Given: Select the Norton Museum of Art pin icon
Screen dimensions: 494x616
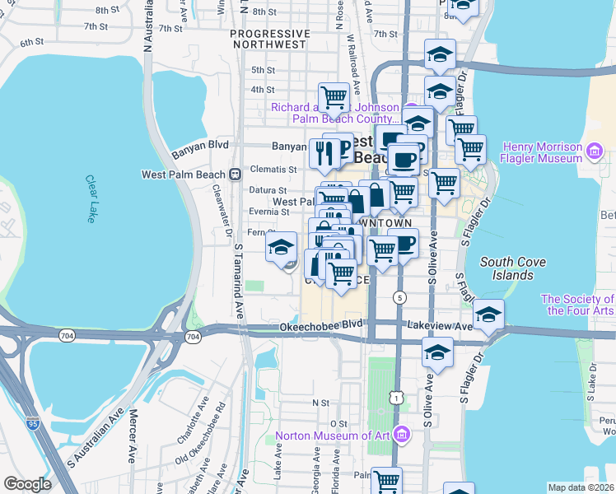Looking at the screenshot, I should (402, 434).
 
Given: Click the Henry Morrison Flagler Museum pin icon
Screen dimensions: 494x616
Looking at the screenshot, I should (595, 151).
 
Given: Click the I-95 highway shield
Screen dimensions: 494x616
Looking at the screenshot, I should (33, 424).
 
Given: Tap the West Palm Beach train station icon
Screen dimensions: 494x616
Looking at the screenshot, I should (236, 174).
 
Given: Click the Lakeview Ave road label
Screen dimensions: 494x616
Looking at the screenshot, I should (439, 326).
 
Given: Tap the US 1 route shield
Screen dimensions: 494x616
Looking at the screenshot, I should (399, 398).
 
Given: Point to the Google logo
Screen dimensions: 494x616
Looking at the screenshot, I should (27, 484).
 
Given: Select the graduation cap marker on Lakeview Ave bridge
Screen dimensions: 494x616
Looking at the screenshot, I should (489, 314).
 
